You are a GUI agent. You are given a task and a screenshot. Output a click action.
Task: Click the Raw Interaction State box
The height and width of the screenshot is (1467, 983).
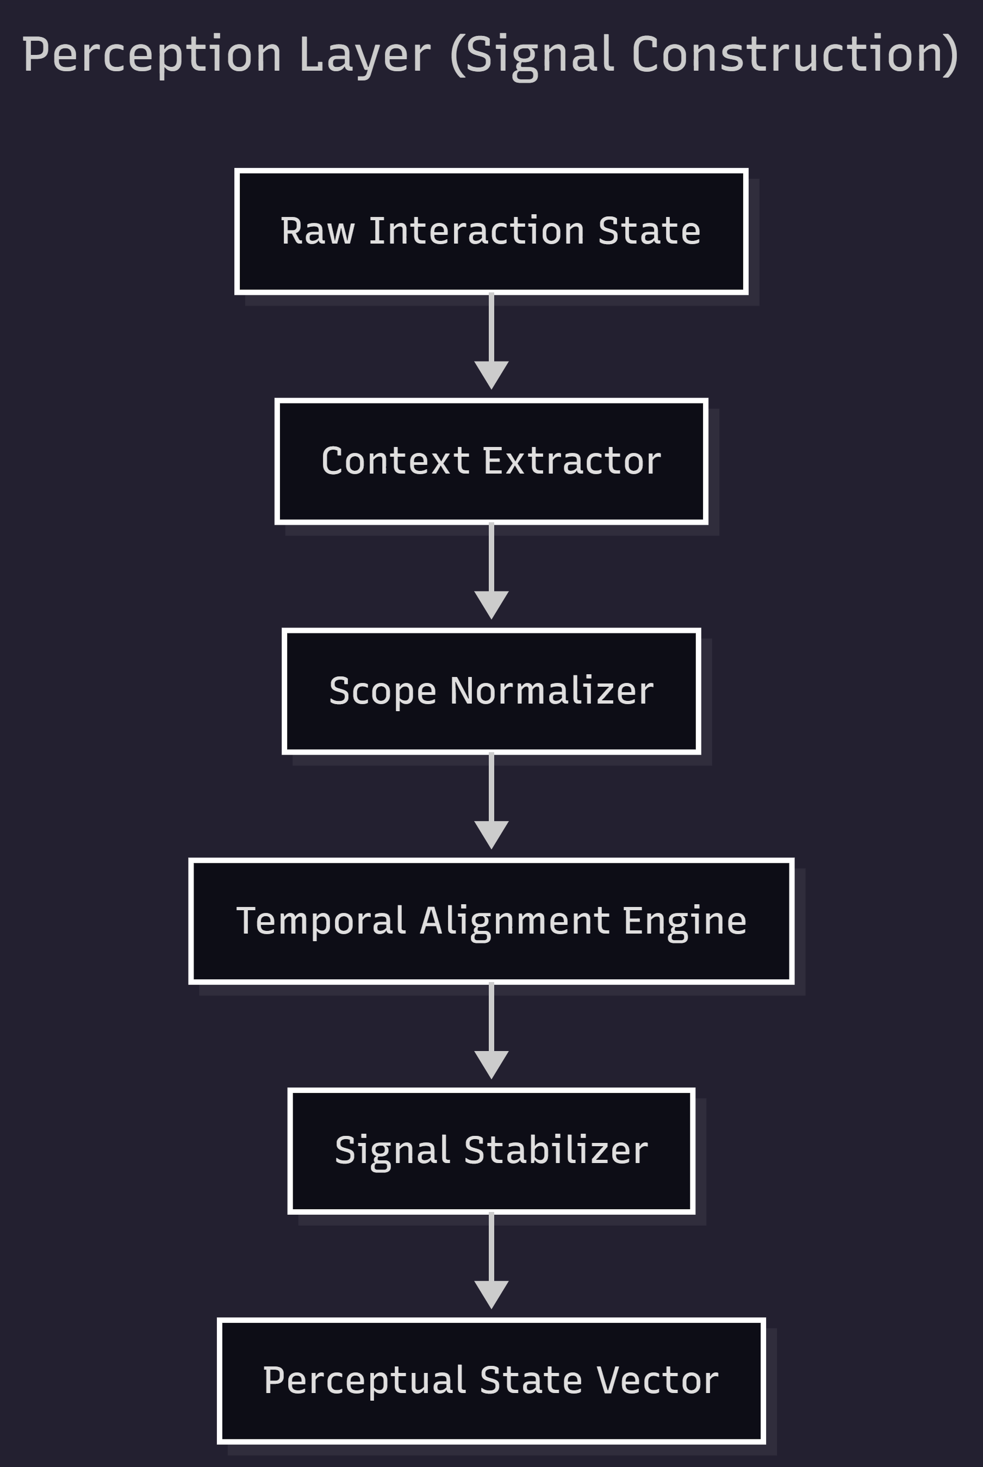491,231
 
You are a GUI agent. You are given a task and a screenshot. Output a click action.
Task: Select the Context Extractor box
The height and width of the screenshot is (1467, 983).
491,461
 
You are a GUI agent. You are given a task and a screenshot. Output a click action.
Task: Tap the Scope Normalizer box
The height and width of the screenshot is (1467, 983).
491,691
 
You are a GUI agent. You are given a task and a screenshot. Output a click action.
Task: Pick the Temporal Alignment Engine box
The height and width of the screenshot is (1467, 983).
491,921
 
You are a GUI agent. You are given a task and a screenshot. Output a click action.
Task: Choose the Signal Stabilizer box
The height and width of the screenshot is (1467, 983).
491,1151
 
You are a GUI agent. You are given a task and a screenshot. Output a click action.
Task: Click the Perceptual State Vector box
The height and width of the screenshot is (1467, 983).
491,1381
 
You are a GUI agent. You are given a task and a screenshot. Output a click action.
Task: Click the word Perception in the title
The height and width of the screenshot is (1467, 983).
152,55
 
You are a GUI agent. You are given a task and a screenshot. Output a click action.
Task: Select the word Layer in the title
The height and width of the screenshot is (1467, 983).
365,55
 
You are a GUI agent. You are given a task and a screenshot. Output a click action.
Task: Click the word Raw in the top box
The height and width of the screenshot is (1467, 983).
317,231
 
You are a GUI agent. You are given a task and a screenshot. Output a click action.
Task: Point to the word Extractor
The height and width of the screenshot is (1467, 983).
572,461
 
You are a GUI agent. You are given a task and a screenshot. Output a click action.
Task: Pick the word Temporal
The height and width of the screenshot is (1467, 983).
321,921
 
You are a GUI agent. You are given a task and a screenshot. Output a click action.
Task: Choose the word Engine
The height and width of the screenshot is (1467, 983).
685,921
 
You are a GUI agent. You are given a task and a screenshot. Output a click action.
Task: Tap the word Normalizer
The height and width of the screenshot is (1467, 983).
552,691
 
